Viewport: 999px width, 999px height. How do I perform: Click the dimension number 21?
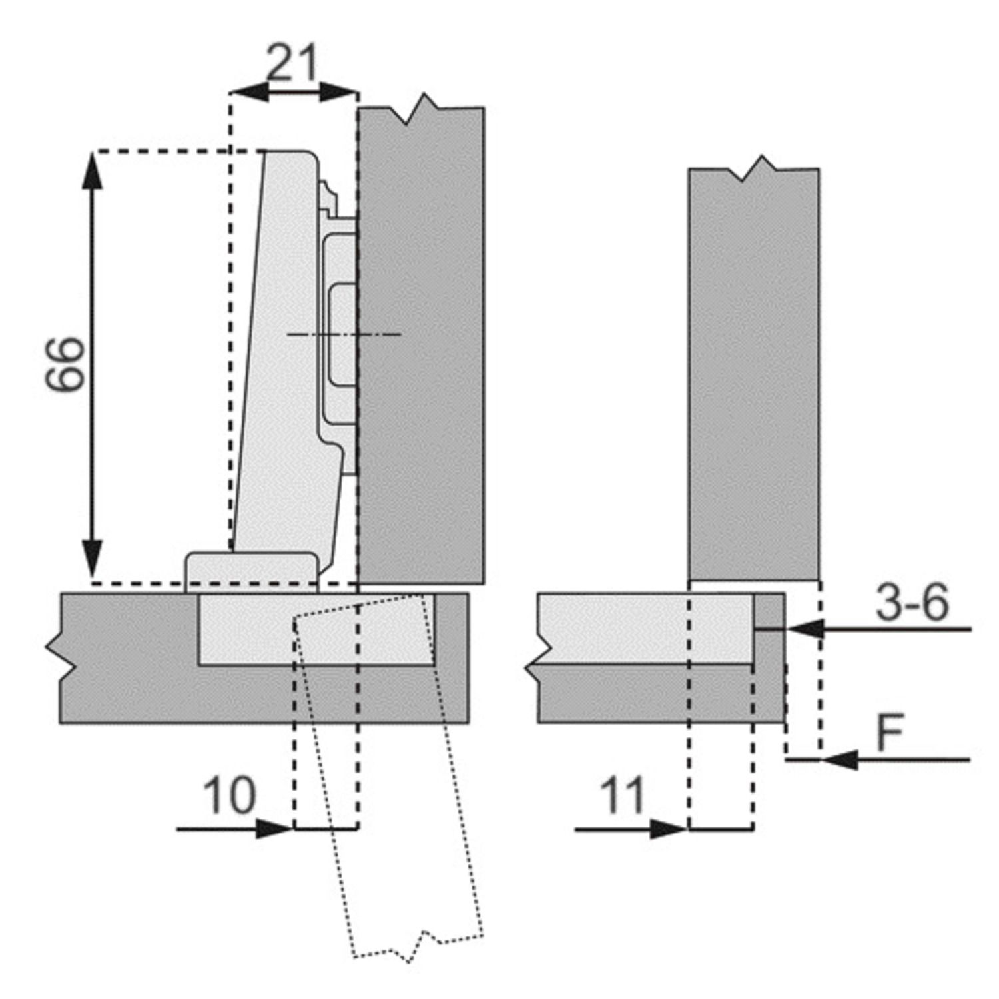click(x=292, y=63)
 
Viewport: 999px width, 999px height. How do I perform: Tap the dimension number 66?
click(x=66, y=364)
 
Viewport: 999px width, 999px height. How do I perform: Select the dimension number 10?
click(x=228, y=795)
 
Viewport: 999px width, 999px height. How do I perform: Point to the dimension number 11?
click(x=623, y=795)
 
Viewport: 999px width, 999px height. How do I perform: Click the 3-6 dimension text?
click(x=912, y=603)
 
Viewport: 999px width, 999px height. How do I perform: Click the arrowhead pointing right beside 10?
click(x=274, y=829)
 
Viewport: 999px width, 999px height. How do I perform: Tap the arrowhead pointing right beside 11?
click(x=669, y=829)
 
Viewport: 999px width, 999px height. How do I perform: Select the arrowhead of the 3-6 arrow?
click(x=805, y=629)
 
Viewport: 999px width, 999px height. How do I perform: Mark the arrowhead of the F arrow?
click(x=839, y=759)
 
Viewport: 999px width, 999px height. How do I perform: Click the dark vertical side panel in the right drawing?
click(x=754, y=373)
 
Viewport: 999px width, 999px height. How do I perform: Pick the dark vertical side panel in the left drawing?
click(x=421, y=343)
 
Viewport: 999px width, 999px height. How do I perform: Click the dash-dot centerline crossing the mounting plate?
click(x=344, y=334)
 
